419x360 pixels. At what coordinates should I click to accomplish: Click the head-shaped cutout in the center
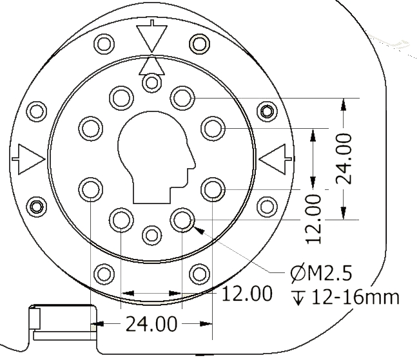[157, 158]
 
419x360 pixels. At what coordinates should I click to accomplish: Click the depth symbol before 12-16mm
[298, 298]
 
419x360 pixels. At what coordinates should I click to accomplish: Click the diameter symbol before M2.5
[298, 273]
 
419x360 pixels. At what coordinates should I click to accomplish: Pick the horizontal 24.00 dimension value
[151, 324]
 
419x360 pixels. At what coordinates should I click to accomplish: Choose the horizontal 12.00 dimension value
[247, 294]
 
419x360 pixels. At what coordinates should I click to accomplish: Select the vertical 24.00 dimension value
[344, 158]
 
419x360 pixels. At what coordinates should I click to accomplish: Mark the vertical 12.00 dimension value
[313, 219]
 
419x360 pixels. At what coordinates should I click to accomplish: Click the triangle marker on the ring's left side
[28, 160]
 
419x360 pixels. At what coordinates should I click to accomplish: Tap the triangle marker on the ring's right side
[275, 160]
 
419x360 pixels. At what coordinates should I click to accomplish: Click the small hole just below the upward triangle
[151, 82]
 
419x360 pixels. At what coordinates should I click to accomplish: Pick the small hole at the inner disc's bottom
[151, 235]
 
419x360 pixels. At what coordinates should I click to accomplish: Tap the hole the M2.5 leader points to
[182, 220]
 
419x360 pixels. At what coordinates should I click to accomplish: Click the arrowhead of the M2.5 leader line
[199, 230]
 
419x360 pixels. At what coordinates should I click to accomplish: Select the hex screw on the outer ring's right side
[267, 111]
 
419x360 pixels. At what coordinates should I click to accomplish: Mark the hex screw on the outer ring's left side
[36, 206]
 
